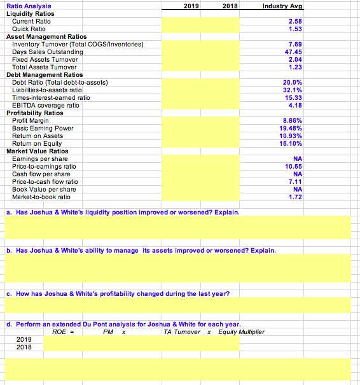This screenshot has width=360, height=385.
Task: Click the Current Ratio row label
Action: click(31, 21)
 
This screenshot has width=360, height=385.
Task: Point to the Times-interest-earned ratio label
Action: click(52, 97)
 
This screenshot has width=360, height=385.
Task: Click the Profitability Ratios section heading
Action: click(34, 113)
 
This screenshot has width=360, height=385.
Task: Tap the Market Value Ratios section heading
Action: click(37, 151)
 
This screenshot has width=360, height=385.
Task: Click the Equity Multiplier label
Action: click(242, 332)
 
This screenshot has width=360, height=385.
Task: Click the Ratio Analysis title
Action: click(25, 6)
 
